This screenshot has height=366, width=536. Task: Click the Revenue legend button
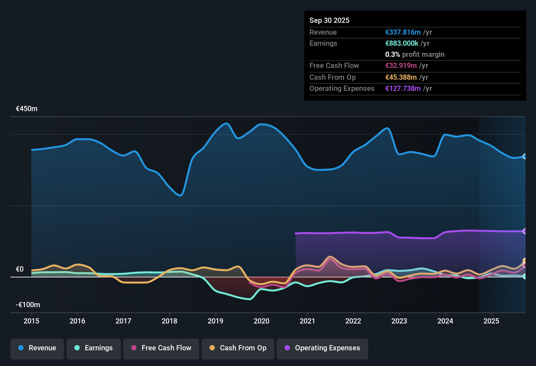pyautogui.click(x=37, y=348)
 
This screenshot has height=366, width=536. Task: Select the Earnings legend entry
pyautogui.click(x=94, y=348)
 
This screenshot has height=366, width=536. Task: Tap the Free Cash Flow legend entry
pyautogui.click(x=161, y=348)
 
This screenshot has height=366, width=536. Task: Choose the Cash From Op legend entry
pyautogui.click(x=238, y=348)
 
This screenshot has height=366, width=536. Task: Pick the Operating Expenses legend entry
pyautogui.click(x=323, y=348)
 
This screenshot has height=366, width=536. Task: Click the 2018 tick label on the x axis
pyautogui.click(x=169, y=321)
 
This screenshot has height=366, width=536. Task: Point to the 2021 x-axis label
pyautogui.click(x=307, y=321)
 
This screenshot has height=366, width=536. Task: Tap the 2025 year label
pyautogui.click(x=491, y=321)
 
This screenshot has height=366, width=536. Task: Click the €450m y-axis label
pyautogui.click(x=27, y=109)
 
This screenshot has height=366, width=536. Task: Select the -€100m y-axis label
pyautogui.click(x=28, y=305)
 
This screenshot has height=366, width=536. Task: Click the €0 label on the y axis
pyautogui.click(x=20, y=269)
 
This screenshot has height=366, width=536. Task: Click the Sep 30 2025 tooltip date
pyautogui.click(x=329, y=21)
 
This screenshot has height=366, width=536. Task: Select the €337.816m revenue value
pyautogui.click(x=403, y=32)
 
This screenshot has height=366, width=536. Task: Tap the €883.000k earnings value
pyautogui.click(x=402, y=43)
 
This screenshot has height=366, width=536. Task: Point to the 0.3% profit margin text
pyautogui.click(x=415, y=55)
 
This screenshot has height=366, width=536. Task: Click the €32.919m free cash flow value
pyautogui.click(x=401, y=66)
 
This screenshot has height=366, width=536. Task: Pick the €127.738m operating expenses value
pyautogui.click(x=403, y=89)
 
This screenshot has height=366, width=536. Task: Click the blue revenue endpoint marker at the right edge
pyautogui.click(x=525, y=157)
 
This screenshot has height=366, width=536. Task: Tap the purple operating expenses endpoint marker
pyautogui.click(x=525, y=231)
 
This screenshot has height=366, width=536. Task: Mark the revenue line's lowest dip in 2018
pyautogui.click(x=180, y=195)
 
